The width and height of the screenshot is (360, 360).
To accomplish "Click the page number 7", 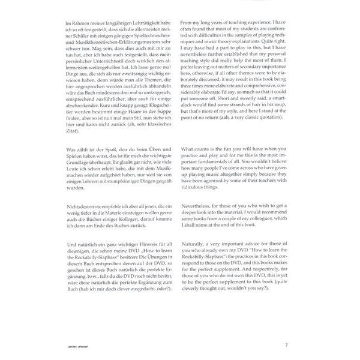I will coord(286,345).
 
